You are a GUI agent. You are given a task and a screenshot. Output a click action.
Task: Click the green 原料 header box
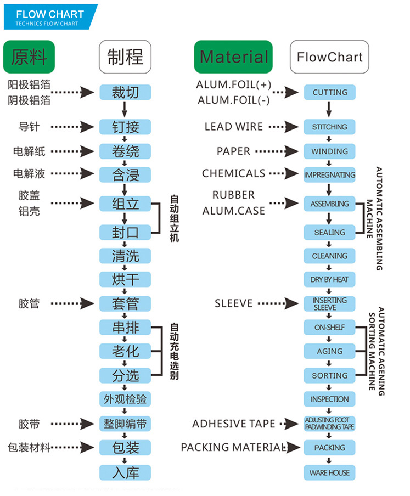29,57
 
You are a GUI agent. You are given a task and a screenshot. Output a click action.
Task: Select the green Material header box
233,57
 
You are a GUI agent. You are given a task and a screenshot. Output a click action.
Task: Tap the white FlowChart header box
329,57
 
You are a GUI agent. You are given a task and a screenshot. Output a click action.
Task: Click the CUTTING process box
330,92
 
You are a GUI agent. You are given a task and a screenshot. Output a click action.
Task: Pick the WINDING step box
330,151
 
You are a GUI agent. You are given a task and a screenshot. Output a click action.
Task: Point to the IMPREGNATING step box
330,174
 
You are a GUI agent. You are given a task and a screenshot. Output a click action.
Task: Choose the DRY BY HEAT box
330,279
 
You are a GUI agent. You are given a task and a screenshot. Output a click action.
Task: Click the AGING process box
330,351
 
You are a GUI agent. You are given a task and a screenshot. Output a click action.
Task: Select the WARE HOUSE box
330,472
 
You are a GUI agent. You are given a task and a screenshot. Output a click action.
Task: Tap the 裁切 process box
125,92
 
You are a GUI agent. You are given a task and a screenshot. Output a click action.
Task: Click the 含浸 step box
125,174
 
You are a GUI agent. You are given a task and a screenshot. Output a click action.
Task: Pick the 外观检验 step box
125,399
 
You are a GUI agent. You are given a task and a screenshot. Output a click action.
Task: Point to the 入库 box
125,472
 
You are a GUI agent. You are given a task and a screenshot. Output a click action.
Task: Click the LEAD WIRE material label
234,127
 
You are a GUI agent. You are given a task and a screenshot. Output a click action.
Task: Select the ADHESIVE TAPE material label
234,424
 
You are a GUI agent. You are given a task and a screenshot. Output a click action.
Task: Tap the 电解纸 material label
30,151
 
